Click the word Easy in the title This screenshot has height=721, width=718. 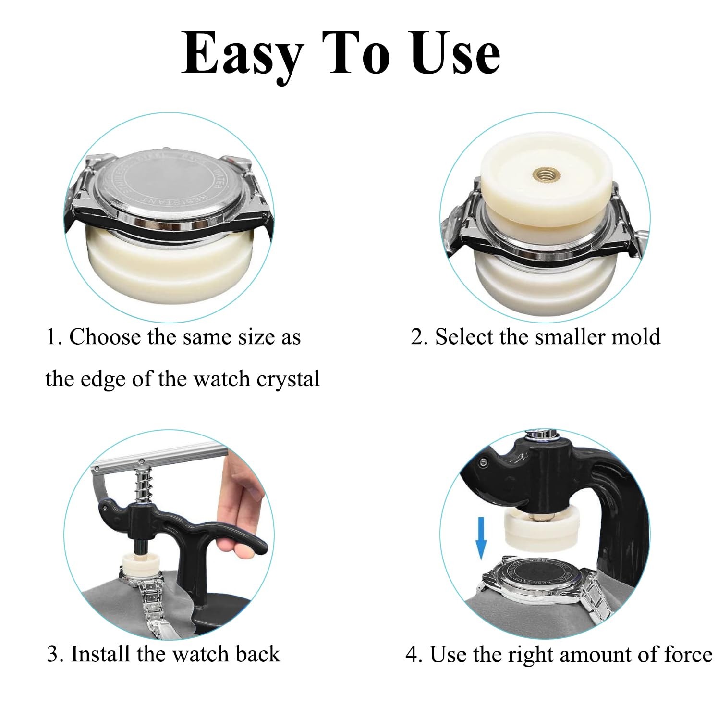click(x=243, y=54)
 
